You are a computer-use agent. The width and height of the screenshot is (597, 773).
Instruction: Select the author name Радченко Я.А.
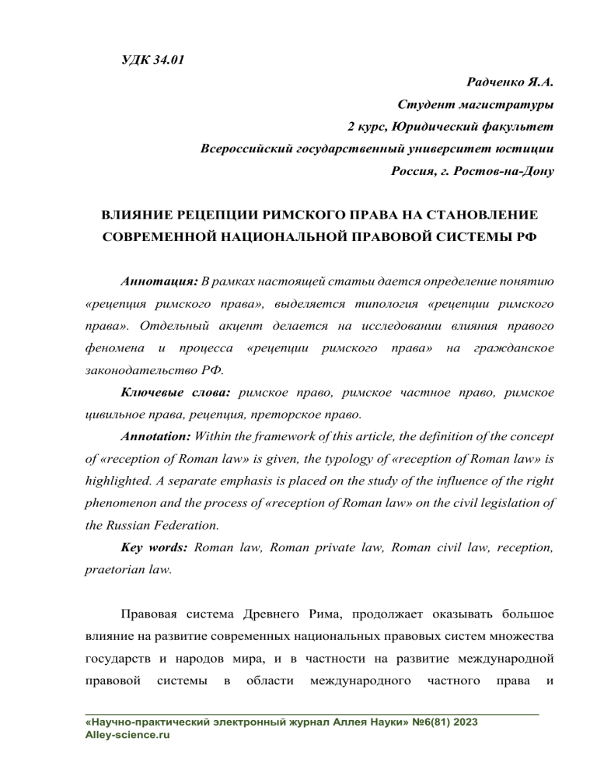coord(509,82)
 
